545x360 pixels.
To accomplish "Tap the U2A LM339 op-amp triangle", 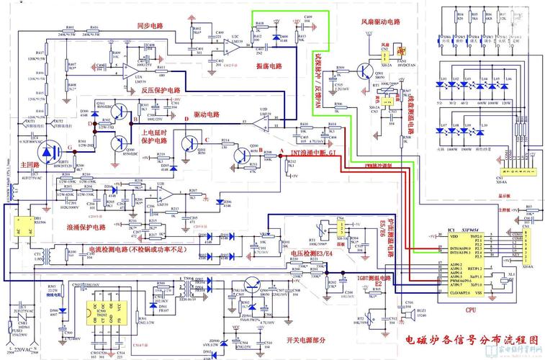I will [132, 71].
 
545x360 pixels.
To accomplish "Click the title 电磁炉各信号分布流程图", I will [472, 338].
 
